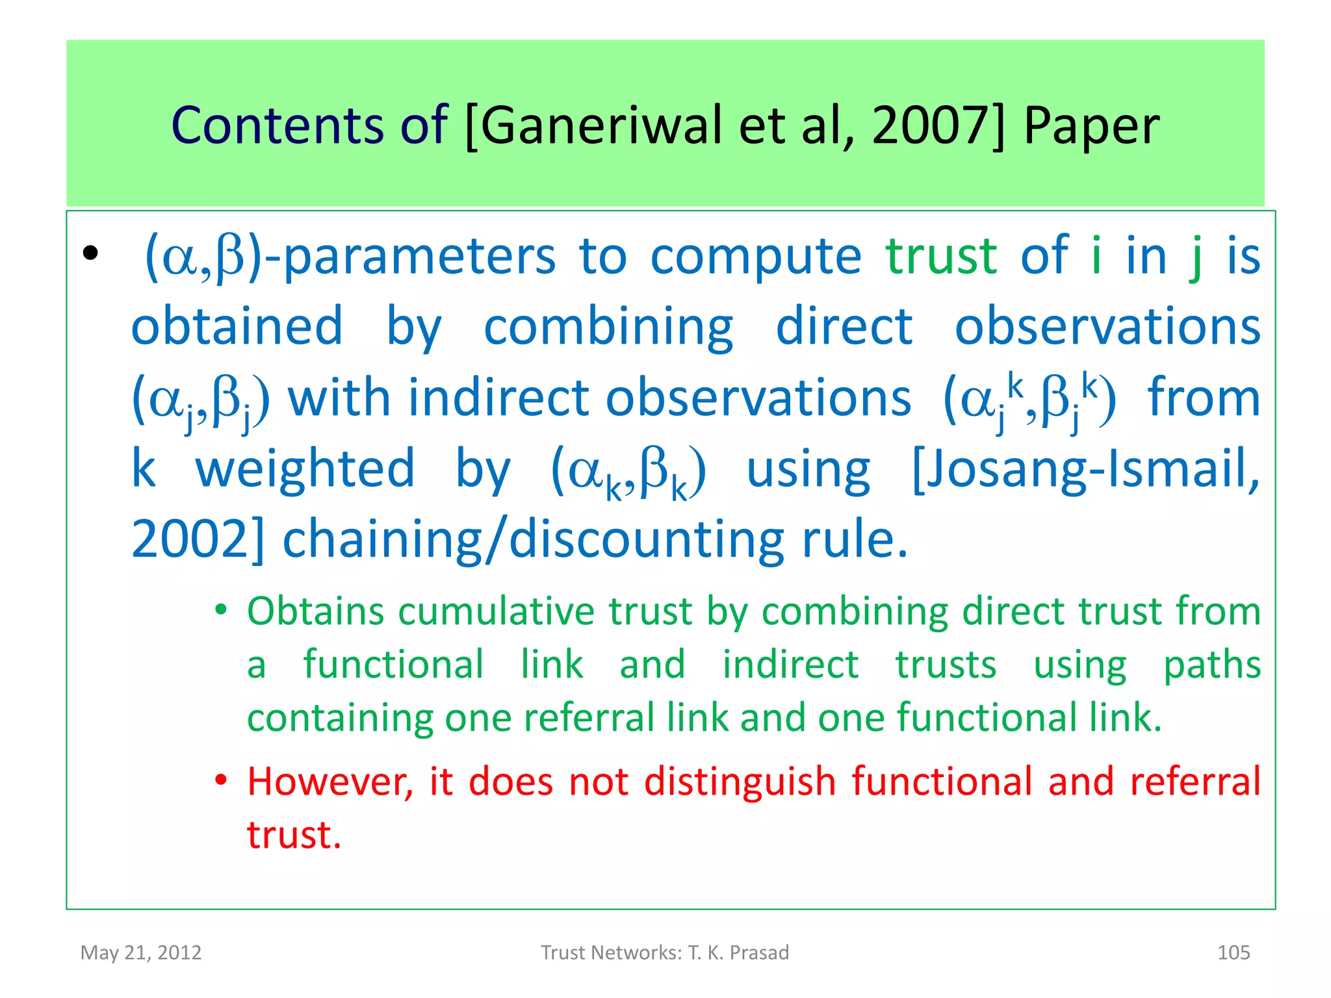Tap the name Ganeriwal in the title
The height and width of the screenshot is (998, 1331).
[x=601, y=125]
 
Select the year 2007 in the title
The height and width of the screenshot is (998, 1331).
[x=931, y=125]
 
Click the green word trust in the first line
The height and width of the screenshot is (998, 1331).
[x=940, y=256]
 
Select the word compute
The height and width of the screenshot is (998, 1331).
[x=756, y=257]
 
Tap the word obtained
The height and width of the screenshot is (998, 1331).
[x=237, y=326]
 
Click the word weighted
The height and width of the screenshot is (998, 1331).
[x=305, y=469]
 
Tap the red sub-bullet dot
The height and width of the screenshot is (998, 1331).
[x=222, y=779]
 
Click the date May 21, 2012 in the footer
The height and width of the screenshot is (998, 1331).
[x=141, y=953]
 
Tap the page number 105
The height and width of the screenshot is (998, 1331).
[x=1233, y=953]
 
